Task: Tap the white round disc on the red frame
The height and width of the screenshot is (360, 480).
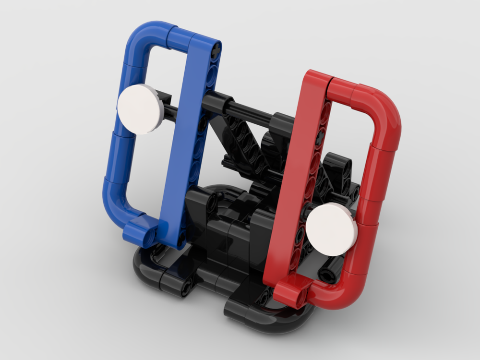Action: tap(331, 228)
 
